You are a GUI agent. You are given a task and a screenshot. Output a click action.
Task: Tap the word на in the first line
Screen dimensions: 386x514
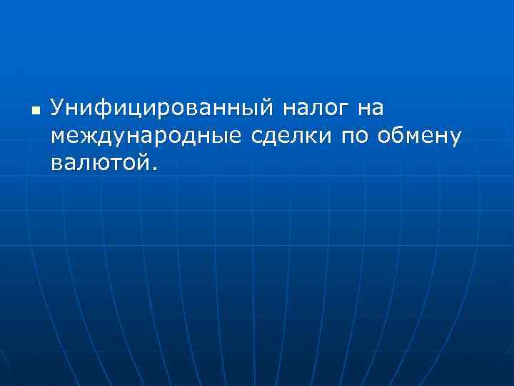(x=371, y=109)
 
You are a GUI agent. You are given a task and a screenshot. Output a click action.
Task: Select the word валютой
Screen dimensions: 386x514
(x=99, y=163)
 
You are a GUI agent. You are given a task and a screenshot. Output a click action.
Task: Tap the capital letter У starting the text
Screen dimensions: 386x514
(x=59, y=109)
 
